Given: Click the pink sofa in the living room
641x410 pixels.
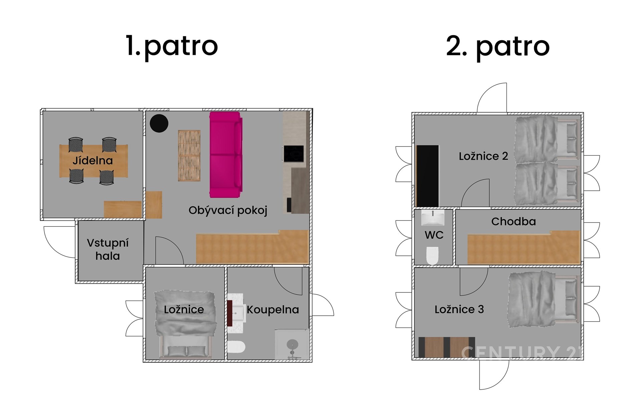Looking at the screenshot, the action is point(226,155).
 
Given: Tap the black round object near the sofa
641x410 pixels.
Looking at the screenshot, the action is point(159,123).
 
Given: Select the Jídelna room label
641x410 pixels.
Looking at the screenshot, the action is point(93,161).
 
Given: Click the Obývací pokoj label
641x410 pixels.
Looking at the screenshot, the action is point(228,211).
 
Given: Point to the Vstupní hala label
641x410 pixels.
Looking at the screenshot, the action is point(108,249).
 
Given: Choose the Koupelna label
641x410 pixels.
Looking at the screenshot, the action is point(273,310).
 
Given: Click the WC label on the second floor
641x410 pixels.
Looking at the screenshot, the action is point(434,235).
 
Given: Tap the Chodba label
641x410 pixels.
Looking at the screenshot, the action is point(513,221).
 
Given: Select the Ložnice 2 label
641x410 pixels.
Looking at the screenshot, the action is point(483,156).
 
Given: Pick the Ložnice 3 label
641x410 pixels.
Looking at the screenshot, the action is point(459,309).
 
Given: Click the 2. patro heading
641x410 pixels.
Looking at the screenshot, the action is point(498,47).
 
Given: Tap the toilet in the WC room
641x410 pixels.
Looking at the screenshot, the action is point(432,256).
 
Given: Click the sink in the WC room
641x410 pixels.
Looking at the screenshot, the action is point(433,218).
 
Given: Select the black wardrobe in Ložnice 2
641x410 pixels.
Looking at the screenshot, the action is point(428,176).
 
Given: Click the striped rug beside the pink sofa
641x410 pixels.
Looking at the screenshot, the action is point(189,155).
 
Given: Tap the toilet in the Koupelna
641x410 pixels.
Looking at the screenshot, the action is point(236,347).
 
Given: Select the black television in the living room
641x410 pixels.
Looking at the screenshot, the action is point(294,154).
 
